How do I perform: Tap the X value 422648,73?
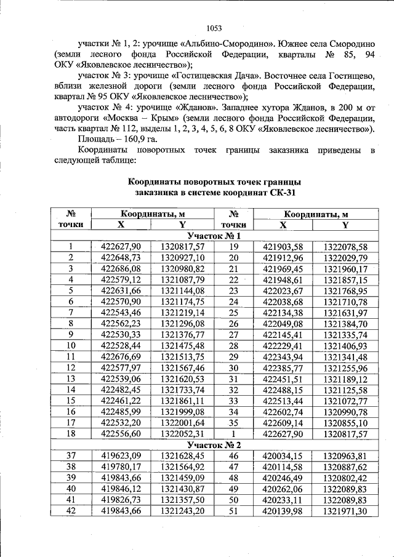pos(121,257)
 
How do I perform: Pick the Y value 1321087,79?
pos(182,279)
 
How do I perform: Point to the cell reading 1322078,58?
pos(345,247)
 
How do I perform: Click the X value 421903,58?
pos(283,247)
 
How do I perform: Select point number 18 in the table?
pos(71,433)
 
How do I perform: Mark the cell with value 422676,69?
pos(121,356)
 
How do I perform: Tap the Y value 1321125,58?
pos(345,390)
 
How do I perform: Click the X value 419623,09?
pos(121,455)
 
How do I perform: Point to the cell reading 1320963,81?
pos(345,455)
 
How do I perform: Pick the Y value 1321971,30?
pos(345,511)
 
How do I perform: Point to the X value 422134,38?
pos(283,313)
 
